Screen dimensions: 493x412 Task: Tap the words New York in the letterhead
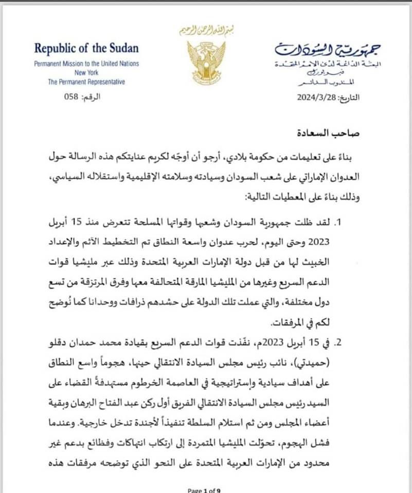(86, 72)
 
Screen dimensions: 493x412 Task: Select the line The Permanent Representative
(86, 82)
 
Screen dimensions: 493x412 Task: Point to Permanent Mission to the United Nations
(86, 64)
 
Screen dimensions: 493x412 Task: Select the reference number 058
(68, 97)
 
